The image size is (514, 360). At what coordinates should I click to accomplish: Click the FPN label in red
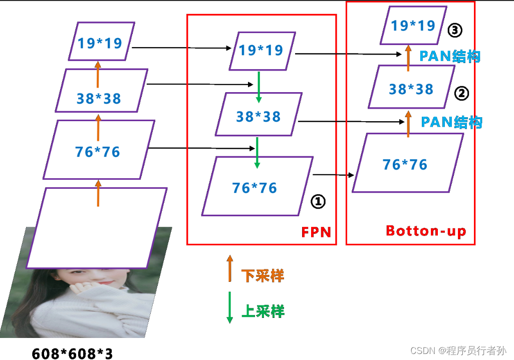point(316,232)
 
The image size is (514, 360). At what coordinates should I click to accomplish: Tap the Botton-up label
point(426,231)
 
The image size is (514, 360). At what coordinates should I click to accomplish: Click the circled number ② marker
point(461,93)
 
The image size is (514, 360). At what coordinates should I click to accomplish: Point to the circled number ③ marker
point(454,31)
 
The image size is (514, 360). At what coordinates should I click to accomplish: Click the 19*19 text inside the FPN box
point(261,50)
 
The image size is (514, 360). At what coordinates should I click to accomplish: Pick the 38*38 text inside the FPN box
point(259,117)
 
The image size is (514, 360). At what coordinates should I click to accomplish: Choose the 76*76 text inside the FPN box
point(254,188)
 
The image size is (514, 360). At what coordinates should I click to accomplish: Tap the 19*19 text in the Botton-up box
point(413,25)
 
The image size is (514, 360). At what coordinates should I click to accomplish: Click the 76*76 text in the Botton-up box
point(405,164)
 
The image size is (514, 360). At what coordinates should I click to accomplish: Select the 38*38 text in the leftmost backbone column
point(99,98)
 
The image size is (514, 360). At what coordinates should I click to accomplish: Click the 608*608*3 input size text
point(72,353)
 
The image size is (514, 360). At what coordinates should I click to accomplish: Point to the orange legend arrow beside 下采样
point(230,268)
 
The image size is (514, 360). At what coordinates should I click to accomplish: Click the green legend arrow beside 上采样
point(230,307)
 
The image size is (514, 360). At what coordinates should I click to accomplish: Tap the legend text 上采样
point(263,311)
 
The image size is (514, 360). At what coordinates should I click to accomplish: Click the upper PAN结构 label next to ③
point(450,56)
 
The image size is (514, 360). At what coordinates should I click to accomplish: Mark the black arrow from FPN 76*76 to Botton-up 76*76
point(333,175)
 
